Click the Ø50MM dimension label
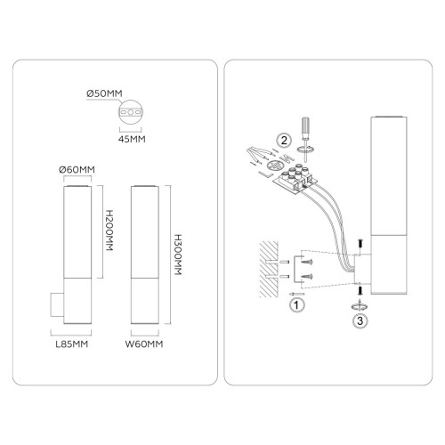click(x=104, y=93)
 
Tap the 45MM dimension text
click(x=132, y=139)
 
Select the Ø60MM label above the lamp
click(x=77, y=170)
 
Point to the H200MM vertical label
click(x=109, y=231)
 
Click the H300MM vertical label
click(x=178, y=255)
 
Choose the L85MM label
click(x=72, y=344)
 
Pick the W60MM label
click(x=144, y=344)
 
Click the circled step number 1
click(x=296, y=304)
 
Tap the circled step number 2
click(x=284, y=140)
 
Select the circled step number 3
click(x=360, y=320)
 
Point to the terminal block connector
click(x=295, y=180)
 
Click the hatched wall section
click(x=269, y=269)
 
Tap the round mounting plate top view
click(x=131, y=112)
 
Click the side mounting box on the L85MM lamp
click(x=57, y=304)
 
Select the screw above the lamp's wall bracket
click(x=360, y=244)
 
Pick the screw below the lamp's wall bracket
click(x=360, y=290)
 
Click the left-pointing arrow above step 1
click(x=296, y=294)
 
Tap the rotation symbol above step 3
click(x=360, y=306)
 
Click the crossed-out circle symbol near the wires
click(x=273, y=166)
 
